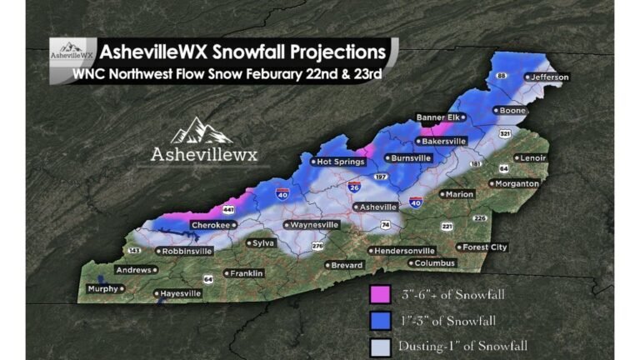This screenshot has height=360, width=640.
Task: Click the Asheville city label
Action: tap(378, 206)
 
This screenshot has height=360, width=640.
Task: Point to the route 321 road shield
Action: tap(505, 133)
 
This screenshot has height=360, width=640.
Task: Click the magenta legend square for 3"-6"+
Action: tap(379, 294)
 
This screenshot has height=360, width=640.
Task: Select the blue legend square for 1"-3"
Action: tap(379, 319)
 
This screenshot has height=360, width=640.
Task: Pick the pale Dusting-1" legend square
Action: tap(379, 344)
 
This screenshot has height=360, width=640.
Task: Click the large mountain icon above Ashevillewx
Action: tap(203, 130)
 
